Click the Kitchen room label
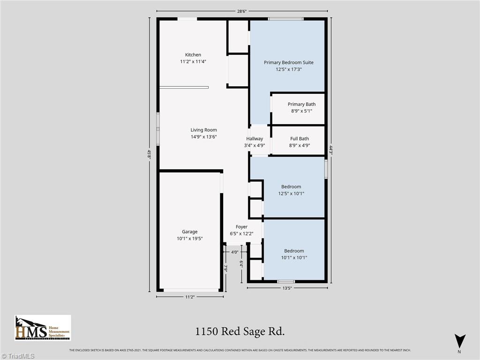pos(193,55)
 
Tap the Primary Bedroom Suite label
pos(288,62)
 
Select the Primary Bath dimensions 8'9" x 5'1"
pos(301,111)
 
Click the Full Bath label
pos(300,139)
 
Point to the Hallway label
pos(255,139)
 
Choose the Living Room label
pos(203,130)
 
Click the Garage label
pos(190,232)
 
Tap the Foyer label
pos(241,227)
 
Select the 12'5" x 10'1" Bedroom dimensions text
pos(291,193)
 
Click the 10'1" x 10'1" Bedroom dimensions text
pos(294,257)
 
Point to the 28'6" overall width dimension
pos(241,11)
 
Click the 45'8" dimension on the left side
pos(150,154)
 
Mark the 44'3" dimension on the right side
pos(331,150)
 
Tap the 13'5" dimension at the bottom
pos(287,288)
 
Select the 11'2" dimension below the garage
pos(189,297)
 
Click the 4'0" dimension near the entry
pos(235,252)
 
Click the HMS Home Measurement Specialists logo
pos(43,328)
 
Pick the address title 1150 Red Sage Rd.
pos(240,331)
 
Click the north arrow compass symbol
pos(460,342)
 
